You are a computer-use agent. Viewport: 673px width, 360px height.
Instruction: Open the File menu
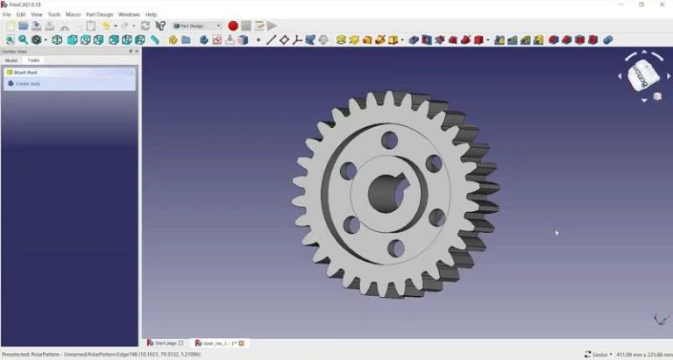(7, 15)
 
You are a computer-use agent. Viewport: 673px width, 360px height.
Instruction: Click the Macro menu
(73, 15)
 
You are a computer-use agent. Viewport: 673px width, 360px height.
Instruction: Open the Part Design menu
(99, 15)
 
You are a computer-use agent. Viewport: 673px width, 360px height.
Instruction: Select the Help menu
(152, 15)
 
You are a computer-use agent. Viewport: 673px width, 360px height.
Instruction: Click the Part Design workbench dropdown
(197, 26)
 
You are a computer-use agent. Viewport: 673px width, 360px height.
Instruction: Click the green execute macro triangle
(273, 26)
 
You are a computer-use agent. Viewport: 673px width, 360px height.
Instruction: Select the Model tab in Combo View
(11, 60)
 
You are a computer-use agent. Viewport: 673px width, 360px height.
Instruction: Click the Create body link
(28, 83)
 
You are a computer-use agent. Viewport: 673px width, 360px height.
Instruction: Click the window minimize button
(618, 4)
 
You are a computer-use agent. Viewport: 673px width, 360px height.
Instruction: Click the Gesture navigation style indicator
(599, 355)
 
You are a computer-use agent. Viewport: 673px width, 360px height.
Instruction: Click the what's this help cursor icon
(160, 26)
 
